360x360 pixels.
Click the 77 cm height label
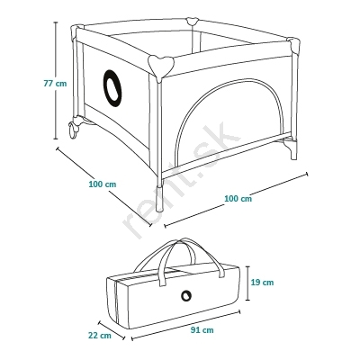pos(55,84)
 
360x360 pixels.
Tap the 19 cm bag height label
pos(262,283)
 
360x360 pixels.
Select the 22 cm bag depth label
pos(100,335)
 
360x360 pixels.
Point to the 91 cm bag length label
pos(202,330)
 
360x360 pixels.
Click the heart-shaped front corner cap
pos(161,65)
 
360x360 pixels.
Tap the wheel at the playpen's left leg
pos(73,130)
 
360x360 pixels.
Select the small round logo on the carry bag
pos(186,295)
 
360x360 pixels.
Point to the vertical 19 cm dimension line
pos(247,283)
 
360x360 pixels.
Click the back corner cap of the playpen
pos(193,22)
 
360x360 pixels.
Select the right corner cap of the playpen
pos(293,44)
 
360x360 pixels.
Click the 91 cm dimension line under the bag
pos(185,326)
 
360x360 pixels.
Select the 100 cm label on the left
pos(103,184)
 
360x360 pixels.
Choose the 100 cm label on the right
pos(238,198)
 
